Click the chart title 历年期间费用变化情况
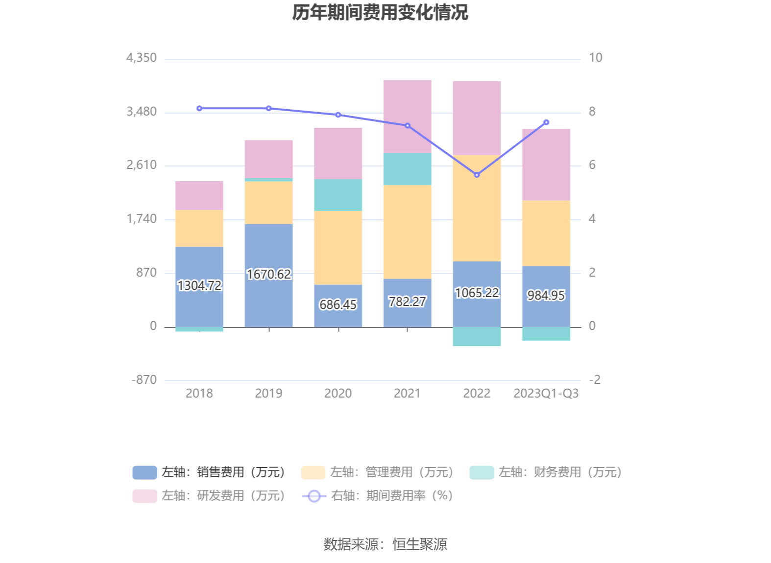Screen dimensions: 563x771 point(380,13)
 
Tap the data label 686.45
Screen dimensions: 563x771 point(338,305)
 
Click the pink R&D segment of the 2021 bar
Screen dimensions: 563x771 point(407,116)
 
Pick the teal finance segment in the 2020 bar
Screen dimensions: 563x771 point(338,195)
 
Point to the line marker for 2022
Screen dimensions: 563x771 point(477,175)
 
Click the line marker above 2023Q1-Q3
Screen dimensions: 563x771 point(546,122)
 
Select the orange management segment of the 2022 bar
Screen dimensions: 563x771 point(477,208)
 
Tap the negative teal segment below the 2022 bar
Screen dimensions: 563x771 point(477,336)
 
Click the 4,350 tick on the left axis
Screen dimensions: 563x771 point(142,58)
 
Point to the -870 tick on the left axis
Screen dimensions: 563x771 point(144,379)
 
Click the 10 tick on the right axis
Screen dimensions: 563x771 point(595,58)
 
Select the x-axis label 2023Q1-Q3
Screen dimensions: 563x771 point(546,393)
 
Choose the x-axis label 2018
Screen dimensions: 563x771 point(199,393)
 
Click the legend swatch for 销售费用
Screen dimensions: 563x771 point(145,472)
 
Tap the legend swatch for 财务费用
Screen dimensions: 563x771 point(482,472)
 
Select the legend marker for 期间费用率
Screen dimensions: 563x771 point(314,496)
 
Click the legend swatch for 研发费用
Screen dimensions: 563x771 point(145,496)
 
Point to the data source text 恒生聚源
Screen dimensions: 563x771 point(419,544)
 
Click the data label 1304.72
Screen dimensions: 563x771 point(199,285)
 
